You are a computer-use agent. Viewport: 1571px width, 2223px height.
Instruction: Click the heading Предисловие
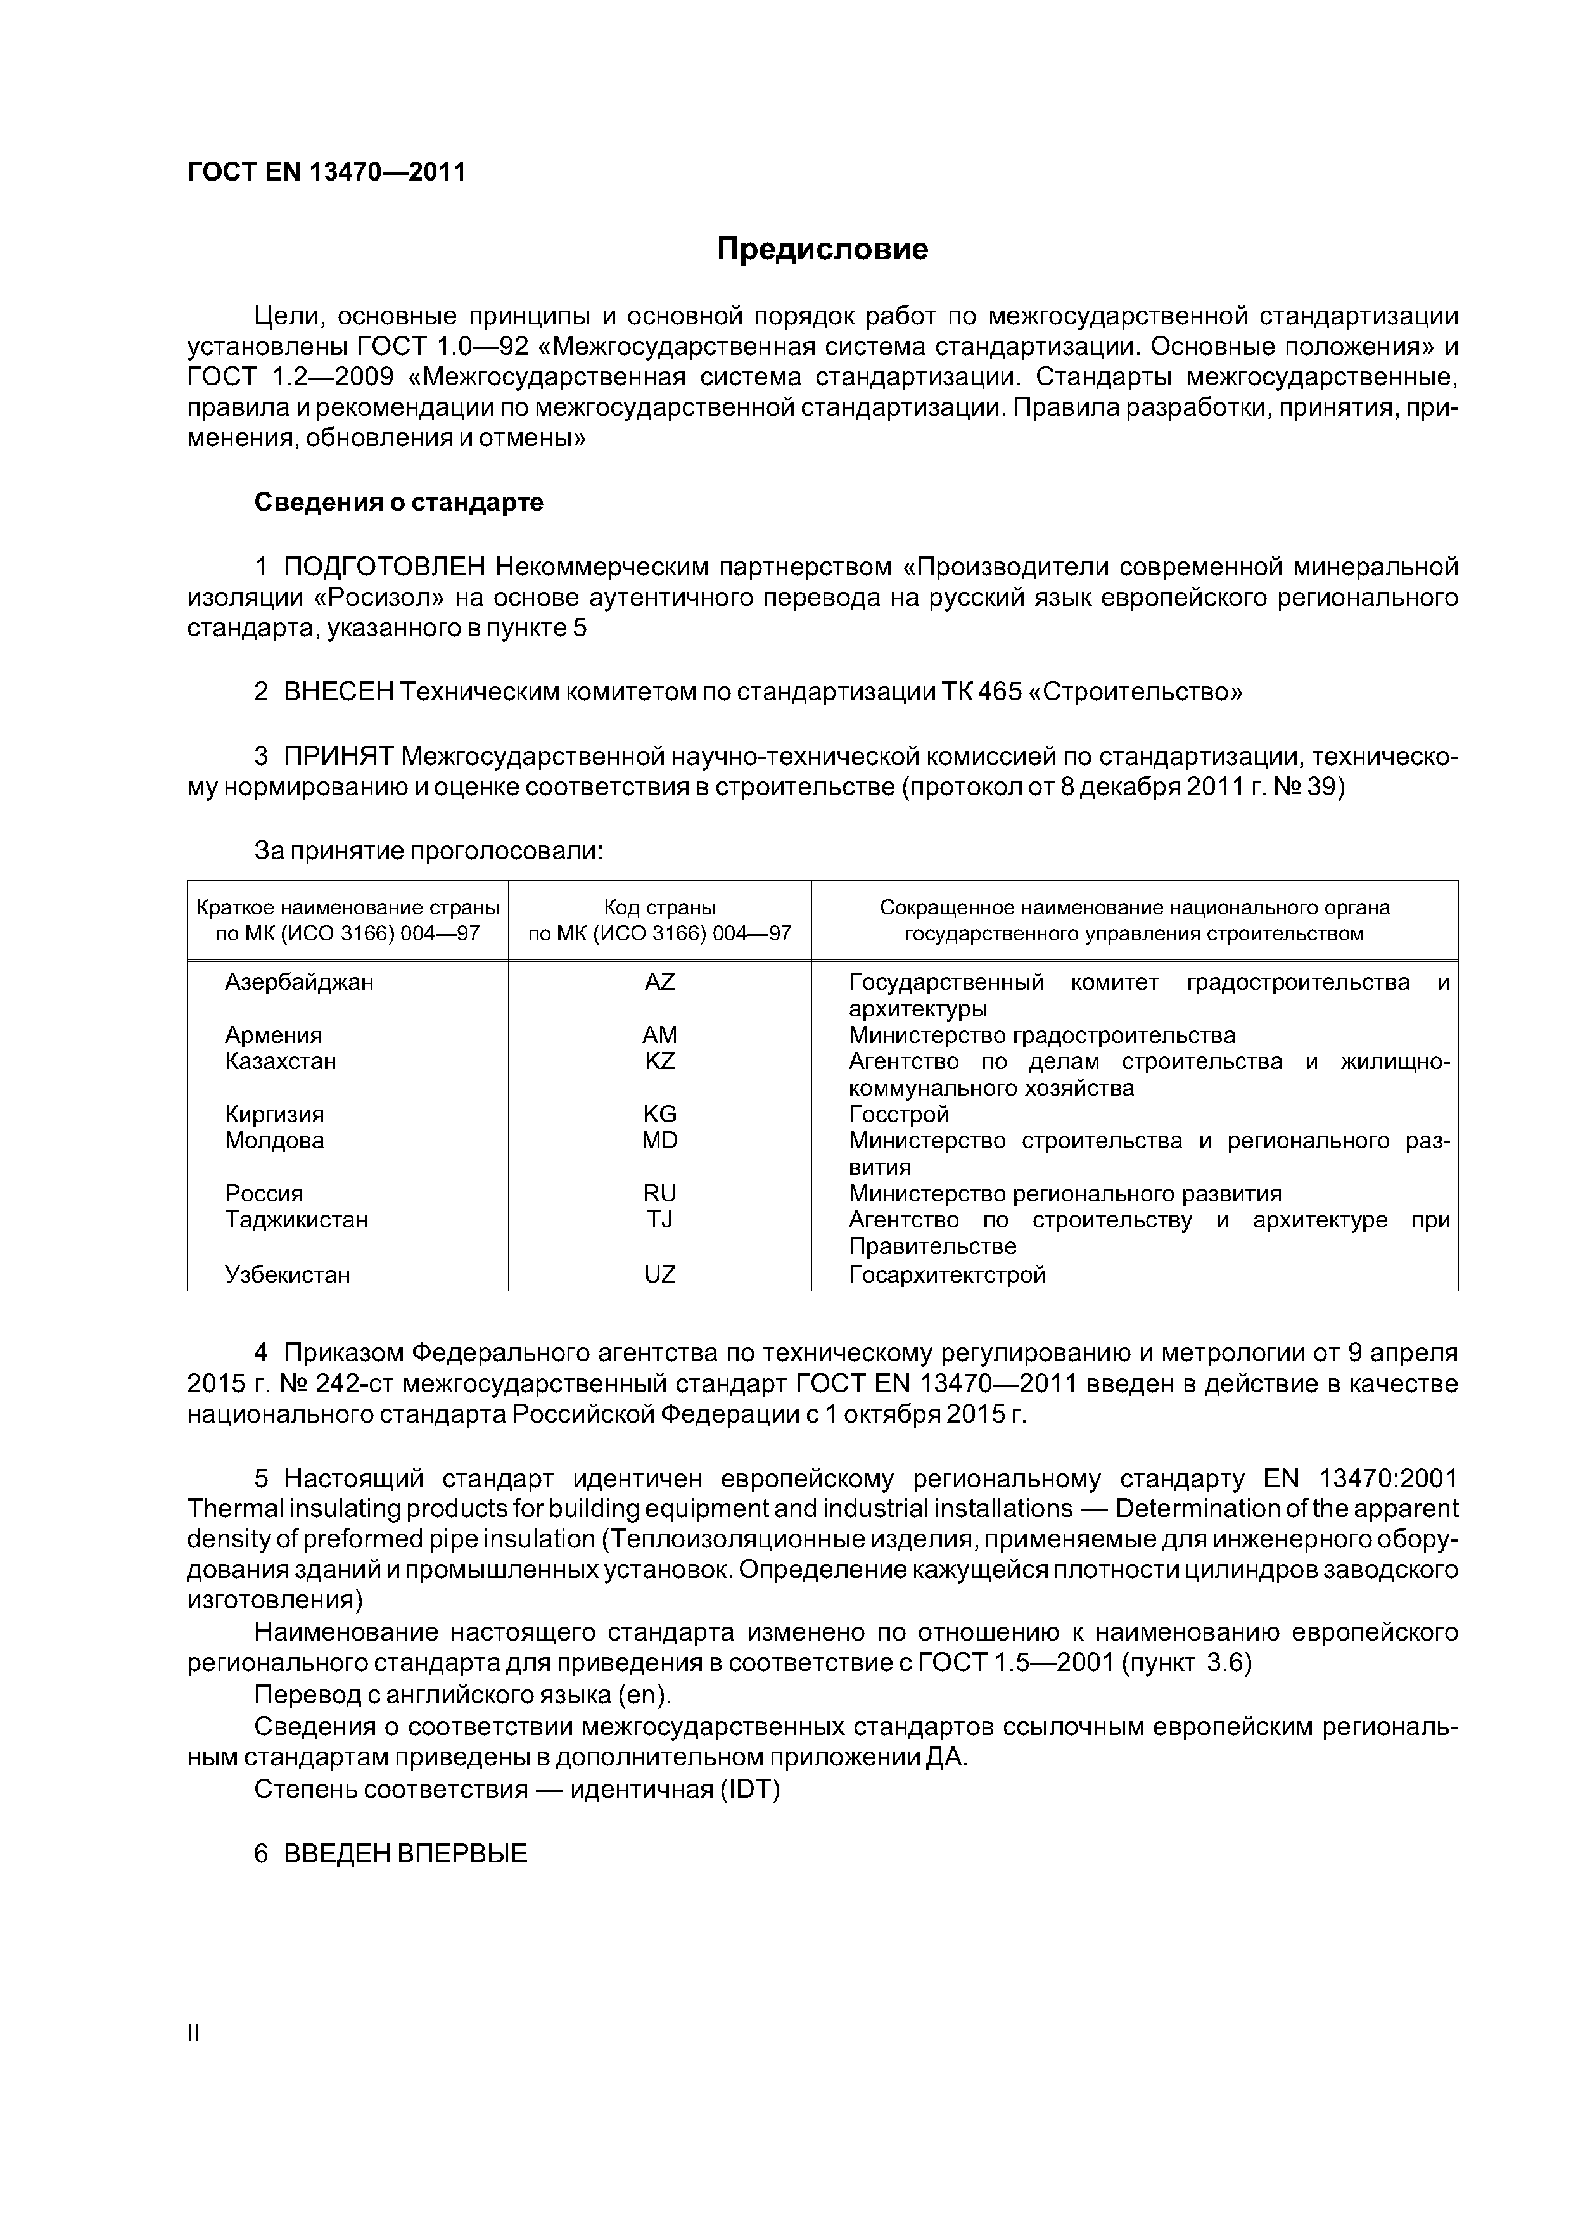click(x=822, y=249)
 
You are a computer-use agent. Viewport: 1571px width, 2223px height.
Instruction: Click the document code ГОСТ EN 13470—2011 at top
click(x=326, y=172)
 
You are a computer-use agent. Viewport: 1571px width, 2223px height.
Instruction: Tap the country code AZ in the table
click(x=659, y=983)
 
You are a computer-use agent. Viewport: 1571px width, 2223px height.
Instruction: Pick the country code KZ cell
click(x=659, y=1061)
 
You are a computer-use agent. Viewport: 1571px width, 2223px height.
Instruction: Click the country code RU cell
click(x=659, y=1194)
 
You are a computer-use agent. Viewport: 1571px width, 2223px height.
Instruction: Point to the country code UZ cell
click(x=659, y=1275)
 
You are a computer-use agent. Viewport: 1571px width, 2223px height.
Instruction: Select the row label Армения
click(x=273, y=1035)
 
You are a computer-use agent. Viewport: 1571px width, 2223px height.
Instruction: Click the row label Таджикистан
click(x=296, y=1220)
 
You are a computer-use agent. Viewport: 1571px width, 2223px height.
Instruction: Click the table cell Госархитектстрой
click(x=946, y=1275)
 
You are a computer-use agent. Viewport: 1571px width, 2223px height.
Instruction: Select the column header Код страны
click(x=659, y=908)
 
